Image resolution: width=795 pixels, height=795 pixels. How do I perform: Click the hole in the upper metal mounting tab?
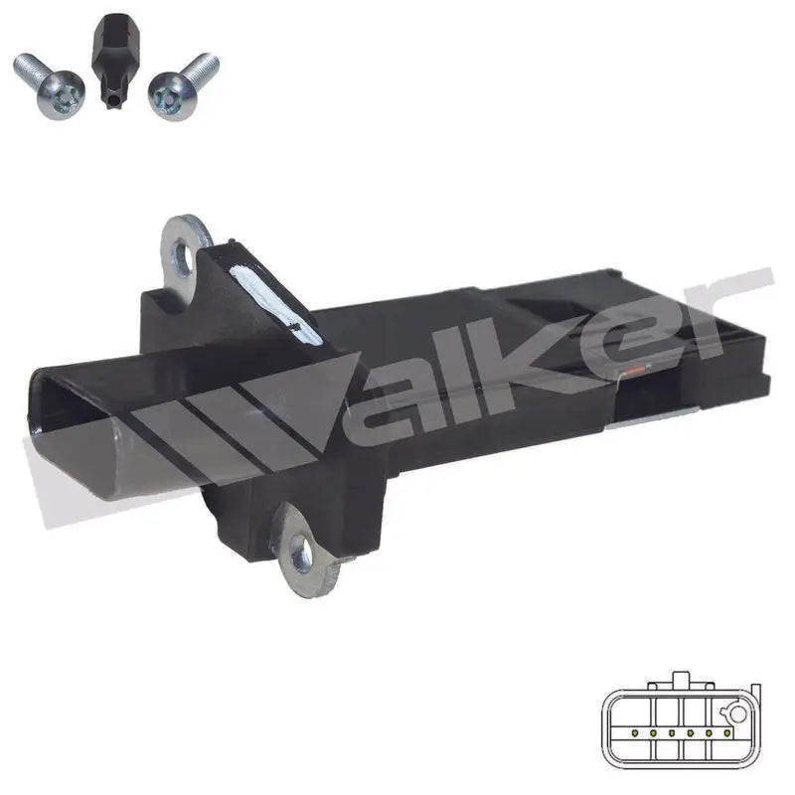point(183,255)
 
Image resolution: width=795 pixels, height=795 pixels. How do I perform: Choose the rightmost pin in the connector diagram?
point(727,733)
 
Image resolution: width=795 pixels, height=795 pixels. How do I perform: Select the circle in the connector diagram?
point(735,713)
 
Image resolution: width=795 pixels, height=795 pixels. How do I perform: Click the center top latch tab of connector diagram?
point(680,682)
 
